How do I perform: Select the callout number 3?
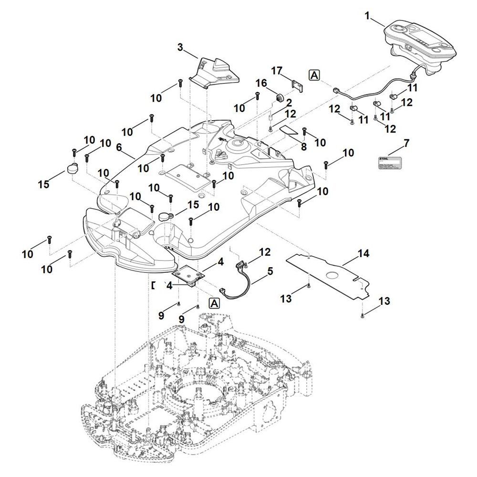click(180, 47)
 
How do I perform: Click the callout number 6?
click(119, 148)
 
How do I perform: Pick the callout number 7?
click(406, 143)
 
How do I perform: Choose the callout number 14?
click(363, 254)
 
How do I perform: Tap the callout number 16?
click(261, 83)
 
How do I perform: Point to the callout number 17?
click(277, 70)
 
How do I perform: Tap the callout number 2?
click(289, 103)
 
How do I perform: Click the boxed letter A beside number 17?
click(314, 75)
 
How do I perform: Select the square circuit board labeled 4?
click(189, 275)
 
